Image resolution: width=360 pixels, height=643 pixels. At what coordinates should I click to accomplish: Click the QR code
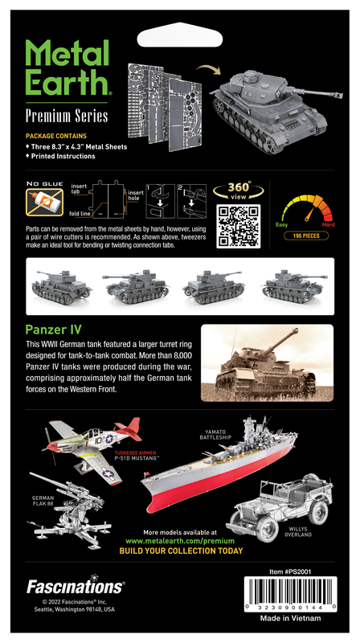238,226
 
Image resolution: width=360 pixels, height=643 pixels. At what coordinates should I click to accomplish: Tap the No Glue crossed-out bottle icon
44,203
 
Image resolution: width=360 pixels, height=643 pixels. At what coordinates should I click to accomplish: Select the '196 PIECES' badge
306,235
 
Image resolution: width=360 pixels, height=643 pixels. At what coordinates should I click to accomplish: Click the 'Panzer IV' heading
53,330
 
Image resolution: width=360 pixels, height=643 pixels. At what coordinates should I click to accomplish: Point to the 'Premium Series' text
67,116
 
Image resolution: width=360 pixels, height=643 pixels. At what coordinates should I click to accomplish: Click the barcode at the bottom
290,594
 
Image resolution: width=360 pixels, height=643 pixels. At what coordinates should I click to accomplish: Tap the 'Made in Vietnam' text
290,618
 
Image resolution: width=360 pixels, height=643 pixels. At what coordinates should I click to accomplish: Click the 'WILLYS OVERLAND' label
298,532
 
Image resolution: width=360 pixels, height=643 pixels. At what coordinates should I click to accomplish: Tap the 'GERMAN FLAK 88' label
43,501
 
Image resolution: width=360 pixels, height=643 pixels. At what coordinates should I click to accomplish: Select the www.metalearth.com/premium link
180,541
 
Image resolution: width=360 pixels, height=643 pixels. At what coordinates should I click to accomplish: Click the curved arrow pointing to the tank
208,68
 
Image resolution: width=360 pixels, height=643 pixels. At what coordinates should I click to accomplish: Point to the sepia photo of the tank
267,363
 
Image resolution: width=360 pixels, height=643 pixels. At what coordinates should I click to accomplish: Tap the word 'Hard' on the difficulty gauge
328,225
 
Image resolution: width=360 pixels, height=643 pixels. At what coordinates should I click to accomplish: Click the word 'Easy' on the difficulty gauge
282,225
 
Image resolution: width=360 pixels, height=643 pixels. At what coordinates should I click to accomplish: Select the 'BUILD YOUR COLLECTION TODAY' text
181,551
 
